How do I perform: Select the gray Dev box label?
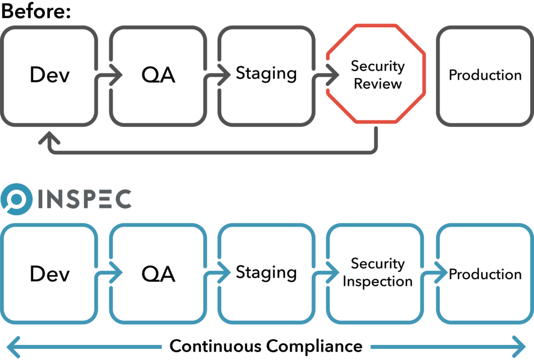pos(50,75)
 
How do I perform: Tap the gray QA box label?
pos(158,75)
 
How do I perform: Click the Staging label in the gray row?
pos(266,74)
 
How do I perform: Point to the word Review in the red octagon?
pos(378,83)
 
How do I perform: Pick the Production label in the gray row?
pos(485,75)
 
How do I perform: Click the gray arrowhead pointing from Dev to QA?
pos(116,75)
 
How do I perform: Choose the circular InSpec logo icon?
pos(17,199)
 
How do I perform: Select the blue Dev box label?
pos(50,273)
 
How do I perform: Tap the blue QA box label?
pos(158,273)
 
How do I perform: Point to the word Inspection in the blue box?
pos(378,282)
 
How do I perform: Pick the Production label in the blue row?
pos(485,274)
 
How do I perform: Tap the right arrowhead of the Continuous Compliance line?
pos(521,346)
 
